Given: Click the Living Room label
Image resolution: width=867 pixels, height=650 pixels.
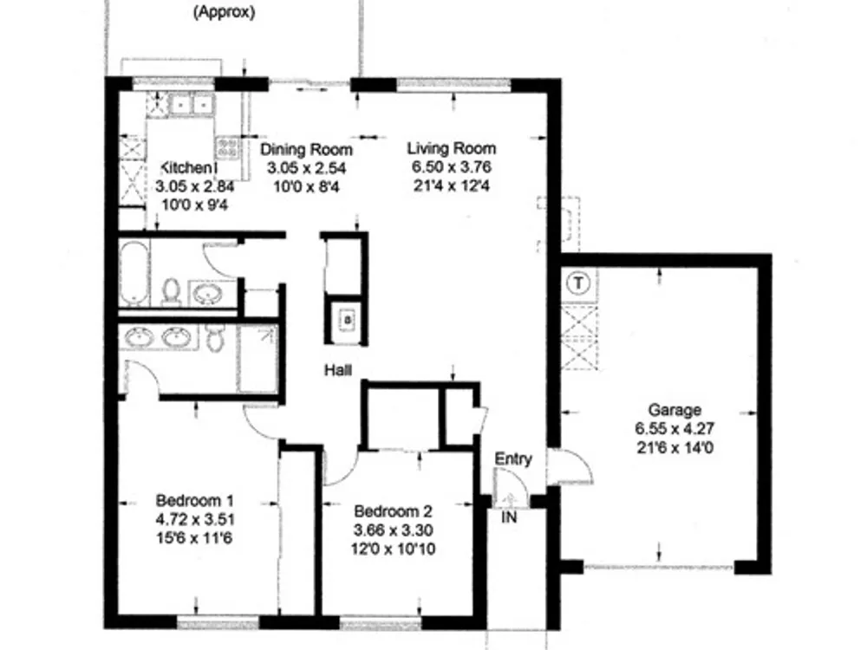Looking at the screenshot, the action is point(452,148).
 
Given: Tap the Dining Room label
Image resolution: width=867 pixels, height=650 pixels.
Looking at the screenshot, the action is point(306,149).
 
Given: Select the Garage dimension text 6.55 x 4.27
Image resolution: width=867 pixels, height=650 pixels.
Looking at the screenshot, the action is point(675,428).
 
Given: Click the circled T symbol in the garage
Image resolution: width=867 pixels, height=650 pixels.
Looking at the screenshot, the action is point(578,283).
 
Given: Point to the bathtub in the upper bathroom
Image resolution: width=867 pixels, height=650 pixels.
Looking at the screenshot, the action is point(134,272).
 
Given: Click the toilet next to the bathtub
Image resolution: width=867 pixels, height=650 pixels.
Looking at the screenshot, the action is point(172,291).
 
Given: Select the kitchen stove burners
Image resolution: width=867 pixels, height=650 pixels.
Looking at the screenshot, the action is point(227,147).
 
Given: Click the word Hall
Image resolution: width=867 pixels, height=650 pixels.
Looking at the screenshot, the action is point(338,370).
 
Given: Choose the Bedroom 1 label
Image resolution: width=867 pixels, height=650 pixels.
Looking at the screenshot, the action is point(194,501).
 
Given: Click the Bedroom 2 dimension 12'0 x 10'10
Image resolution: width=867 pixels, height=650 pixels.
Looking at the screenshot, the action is point(393,549).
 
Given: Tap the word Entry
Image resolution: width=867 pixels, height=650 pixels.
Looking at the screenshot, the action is point(513,458).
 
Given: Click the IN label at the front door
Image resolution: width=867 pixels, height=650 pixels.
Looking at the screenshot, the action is point(509,517).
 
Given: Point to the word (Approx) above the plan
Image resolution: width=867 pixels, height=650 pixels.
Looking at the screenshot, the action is point(224,12).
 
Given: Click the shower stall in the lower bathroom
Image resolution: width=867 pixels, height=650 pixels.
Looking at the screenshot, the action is point(257,359).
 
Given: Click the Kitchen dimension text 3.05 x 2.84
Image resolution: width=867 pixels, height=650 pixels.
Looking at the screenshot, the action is point(195,186).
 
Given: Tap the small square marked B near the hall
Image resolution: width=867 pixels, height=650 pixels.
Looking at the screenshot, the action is point(348,319).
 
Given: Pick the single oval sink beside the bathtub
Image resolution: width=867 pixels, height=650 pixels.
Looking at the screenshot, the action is point(208,293).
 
